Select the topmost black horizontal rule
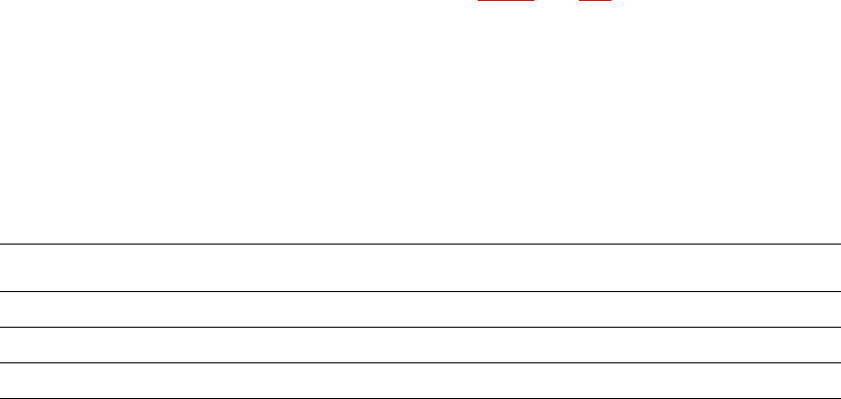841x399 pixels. click(x=420, y=244)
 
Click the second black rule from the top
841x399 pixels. click(x=420, y=291)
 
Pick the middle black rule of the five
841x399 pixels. click(x=420, y=327)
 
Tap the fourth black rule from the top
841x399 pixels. click(x=420, y=362)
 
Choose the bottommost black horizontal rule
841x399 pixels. click(x=420, y=398)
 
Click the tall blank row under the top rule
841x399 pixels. click(x=420, y=267)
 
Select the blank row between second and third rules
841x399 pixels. click(x=420, y=309)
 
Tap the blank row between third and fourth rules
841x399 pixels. click(x=420, y=345)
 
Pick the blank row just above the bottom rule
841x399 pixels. click(x=420, y=380)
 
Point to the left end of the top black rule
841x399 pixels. click(x=1, y=244)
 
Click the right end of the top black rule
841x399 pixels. click(x=839, y=244)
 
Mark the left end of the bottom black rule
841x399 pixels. click(x=1, y=398)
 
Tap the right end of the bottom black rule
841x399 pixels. click(x=839, y=398)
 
